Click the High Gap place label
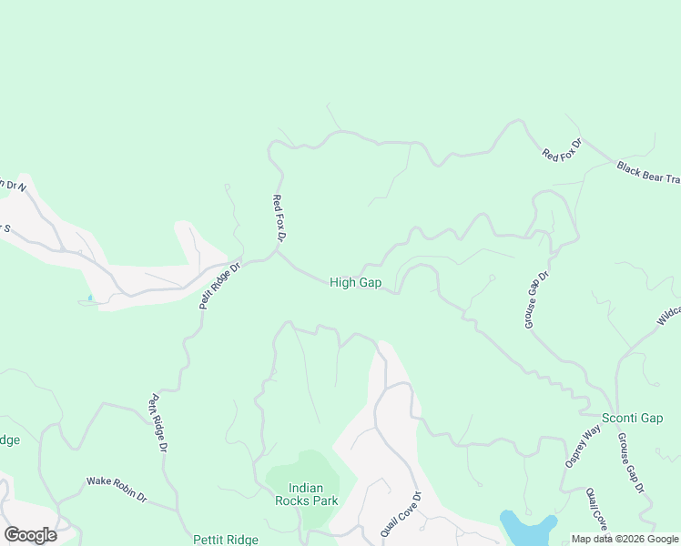pyautogui.click(x=355, y=283)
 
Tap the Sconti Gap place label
pyautogui.click(x=632, y=418)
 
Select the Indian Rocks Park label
pyautogui.click(x=307, y=494)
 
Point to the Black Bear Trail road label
pyautogui.click(x=648, y=172)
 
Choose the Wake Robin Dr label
pyautogui.click(x=117, y=490)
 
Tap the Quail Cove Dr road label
pyautogui.click(x=401, y=513)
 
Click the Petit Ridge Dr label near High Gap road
pyautogui.click(x=219, y=285)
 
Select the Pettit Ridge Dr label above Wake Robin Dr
pyautogui.click(x=158, y=423)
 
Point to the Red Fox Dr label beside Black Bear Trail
pyautogui.click(x=561, y=148)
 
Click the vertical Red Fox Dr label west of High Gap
pyautogui.click(x=280, y=217)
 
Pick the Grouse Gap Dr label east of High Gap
pyautogui.click(x=536, y=299)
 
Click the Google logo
pyautogui.click(x=30, y=535)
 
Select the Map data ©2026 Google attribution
pyautogui.click(x=625, y=539)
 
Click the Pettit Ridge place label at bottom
pyautogui.click(x=226, y=540)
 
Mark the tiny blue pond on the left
pyautogui.click(x=90, y=298)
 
